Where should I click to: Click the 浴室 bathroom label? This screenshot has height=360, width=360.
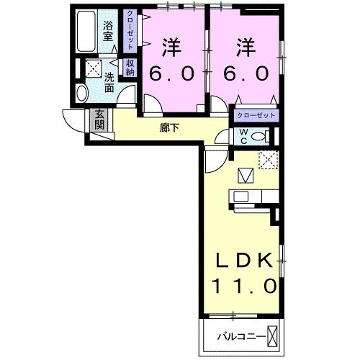109,33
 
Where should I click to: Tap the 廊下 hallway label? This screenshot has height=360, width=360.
170,128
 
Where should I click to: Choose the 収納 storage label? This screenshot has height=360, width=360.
130,68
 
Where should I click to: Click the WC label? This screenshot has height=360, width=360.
243,136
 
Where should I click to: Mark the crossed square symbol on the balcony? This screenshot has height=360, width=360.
274,336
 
